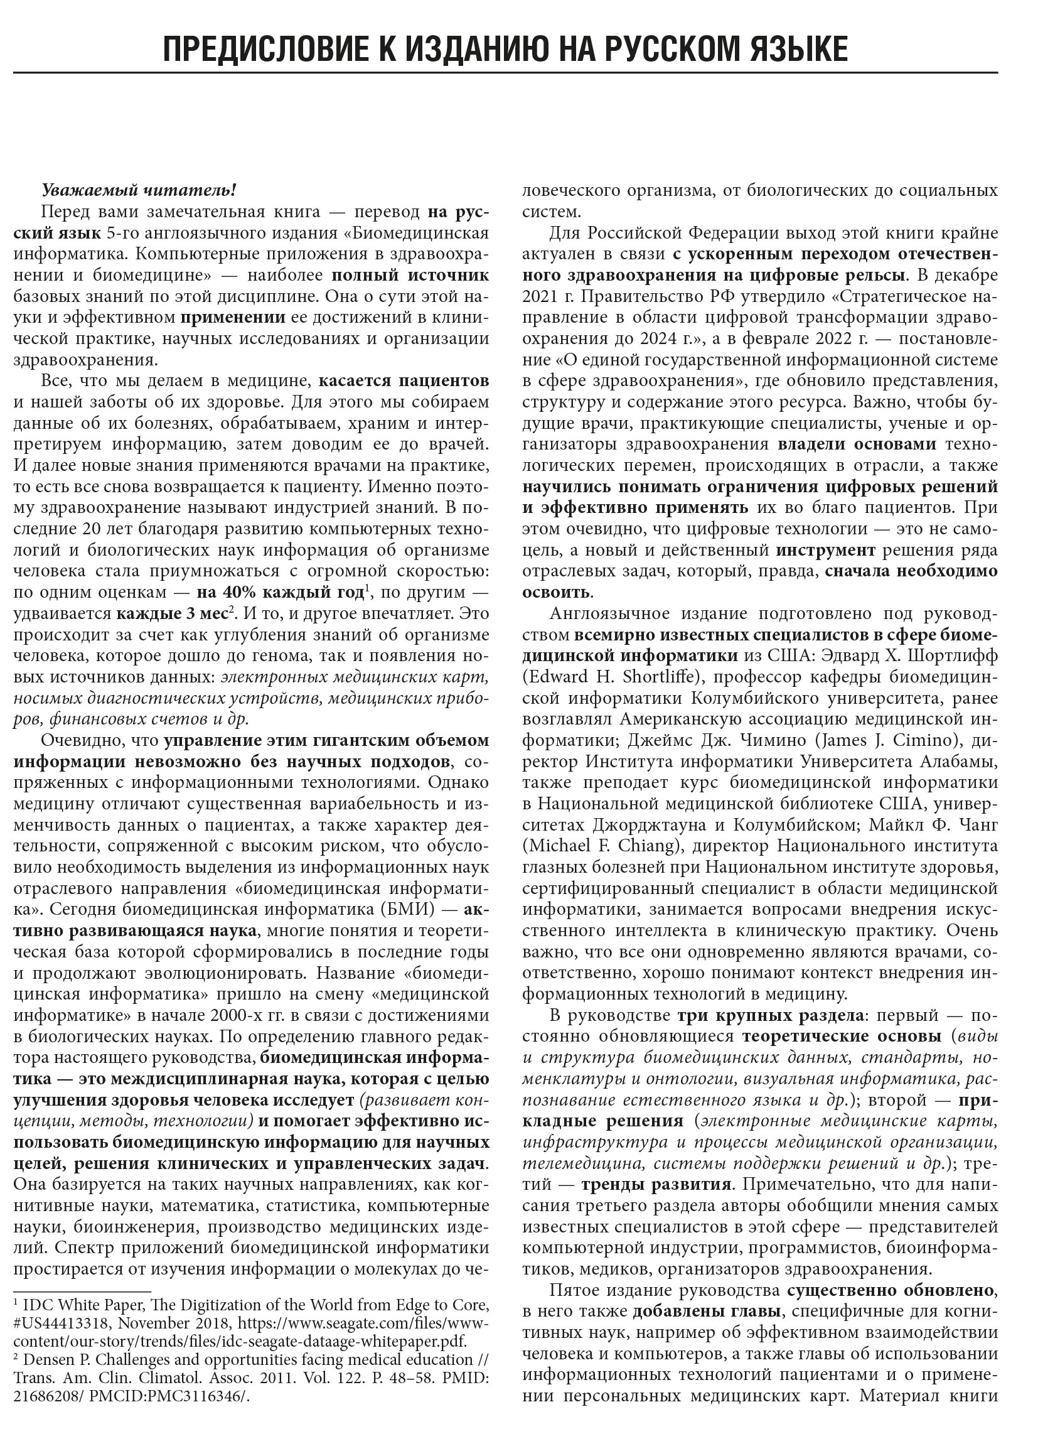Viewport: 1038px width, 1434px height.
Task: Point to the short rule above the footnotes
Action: point(82,1290)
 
